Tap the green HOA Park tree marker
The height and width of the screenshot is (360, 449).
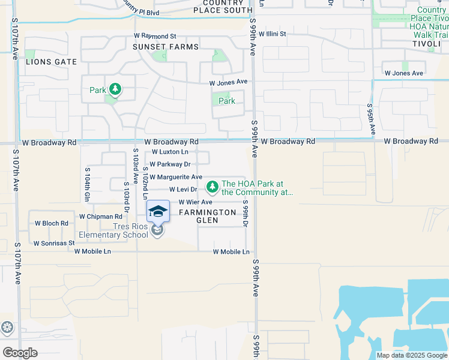coord(212,188)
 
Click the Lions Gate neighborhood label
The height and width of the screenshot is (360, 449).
coord(51,62)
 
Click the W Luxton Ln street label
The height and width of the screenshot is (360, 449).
coord(170,152)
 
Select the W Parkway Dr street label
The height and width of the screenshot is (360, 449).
coord(170,164)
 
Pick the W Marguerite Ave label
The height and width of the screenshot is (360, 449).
coord(175,178)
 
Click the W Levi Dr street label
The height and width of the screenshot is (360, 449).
coord(184,190)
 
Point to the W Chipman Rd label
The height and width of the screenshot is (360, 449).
coord(100,216)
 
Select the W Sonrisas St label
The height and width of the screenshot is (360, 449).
coord(54,244)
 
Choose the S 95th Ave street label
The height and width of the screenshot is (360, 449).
coord(370,119)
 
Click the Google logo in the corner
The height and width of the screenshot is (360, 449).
coord(20,353)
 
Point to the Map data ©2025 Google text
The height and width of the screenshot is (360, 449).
coord(411,355)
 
